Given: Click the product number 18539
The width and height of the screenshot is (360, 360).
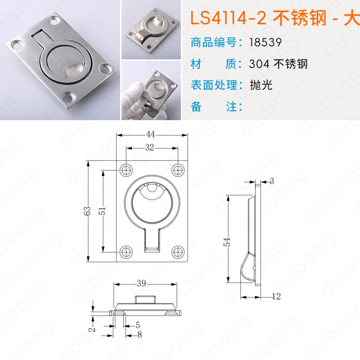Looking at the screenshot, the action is pos(265,42).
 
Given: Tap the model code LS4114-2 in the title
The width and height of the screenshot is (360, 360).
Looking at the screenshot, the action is pos(228,18).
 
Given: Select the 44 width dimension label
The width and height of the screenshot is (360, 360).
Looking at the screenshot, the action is pos(150,134).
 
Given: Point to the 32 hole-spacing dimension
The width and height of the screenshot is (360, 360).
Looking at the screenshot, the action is pos(149,148).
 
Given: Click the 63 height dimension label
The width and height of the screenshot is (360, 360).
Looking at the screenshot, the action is pos(87,211).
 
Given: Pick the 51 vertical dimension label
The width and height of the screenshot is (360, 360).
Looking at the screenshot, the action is pos(102,211).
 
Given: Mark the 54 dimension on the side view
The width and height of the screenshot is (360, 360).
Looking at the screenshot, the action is pos(227,242).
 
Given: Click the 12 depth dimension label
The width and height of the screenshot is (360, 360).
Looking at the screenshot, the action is pos(276,297).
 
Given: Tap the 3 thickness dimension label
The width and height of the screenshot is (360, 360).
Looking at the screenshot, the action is pos(272,181).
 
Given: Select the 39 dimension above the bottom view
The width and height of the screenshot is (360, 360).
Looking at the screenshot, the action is pos(141,283).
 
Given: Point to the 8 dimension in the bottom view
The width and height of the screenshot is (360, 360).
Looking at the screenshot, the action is pos(139,335).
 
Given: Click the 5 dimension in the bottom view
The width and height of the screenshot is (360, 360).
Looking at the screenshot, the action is pos(138,325).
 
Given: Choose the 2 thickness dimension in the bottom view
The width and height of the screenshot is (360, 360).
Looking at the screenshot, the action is pos(92,330).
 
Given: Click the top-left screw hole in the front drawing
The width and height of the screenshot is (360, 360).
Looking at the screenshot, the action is pos(126,170).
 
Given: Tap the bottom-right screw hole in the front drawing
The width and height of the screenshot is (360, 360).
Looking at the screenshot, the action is pos(178,252).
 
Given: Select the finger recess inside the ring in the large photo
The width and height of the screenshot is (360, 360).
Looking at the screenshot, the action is pos(74,69).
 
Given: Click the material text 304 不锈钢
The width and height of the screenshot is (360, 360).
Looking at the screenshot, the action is pos(278,64).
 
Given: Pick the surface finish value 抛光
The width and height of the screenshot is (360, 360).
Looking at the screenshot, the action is pos(261,85).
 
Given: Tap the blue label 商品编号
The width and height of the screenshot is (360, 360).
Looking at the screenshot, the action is pos(214,42).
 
